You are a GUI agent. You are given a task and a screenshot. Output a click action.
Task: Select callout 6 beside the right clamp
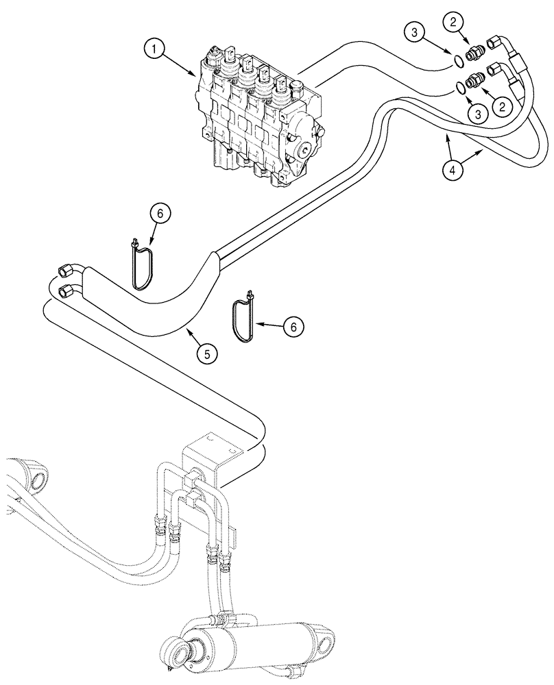[293, 327]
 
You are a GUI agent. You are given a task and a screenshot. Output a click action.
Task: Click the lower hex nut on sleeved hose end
[67, 292]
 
